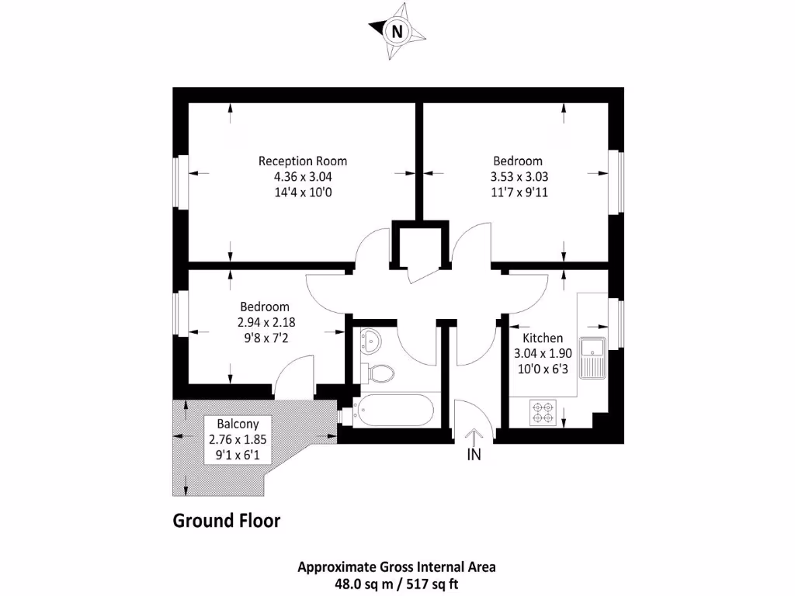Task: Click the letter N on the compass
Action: click(397, 32)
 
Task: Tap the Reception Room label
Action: click(303, 161)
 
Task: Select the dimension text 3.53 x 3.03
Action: click(519, 176)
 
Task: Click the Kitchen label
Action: click(542, 338)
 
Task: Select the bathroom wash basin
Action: click(371, 339)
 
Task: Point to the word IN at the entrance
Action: click(474, 456)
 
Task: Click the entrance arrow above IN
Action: click(474, 438)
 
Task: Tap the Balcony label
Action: click(233, 424)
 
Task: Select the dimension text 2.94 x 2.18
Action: click(265, 322)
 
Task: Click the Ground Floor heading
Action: click(226, 520)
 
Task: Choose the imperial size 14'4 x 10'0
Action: click(303, 192)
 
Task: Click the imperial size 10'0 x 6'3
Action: click(543, 369)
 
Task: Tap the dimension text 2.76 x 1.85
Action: click(233, 438)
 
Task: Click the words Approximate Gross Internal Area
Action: click(397, 567)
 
